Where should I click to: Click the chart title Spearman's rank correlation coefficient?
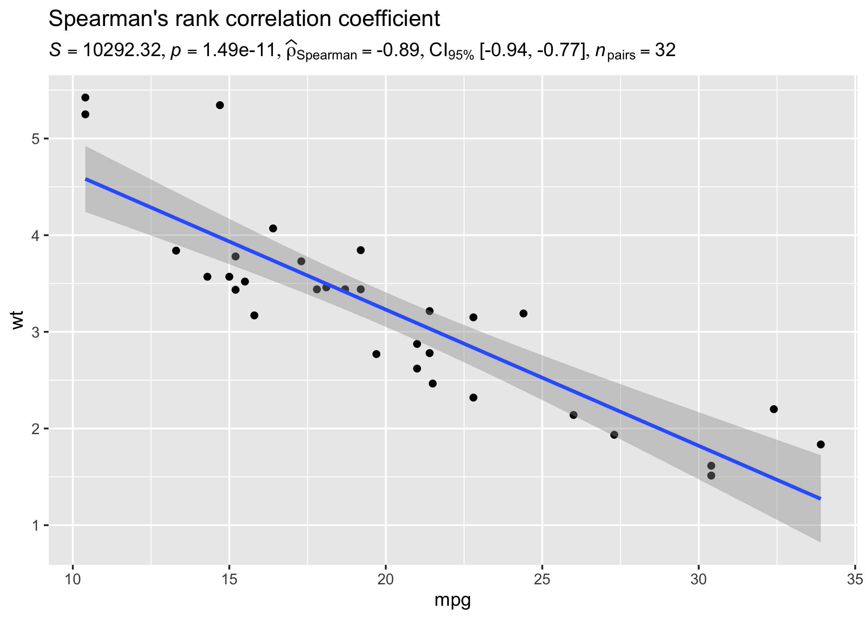pos(244,19)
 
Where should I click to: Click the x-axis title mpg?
pos(452,600)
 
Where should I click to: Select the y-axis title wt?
pos(17,320)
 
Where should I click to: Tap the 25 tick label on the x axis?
pos(542,580)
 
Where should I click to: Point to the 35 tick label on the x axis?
pos(855,580)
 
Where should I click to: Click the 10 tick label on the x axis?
pos(73,580)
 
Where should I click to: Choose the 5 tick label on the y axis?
pos(36,139)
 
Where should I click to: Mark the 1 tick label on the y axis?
pos(36,525)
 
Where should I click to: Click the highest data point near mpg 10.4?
pos(85,97)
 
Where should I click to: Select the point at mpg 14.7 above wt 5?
pos(220,105)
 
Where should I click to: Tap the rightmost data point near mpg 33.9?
pos(821,444)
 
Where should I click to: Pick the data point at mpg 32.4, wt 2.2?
pos(774,409)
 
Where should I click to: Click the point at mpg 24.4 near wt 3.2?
pos(524,314)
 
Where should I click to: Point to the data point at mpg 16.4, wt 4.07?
pos(273,229)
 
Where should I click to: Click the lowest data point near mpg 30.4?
pos(711,475)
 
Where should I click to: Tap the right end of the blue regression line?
pos(820,499)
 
